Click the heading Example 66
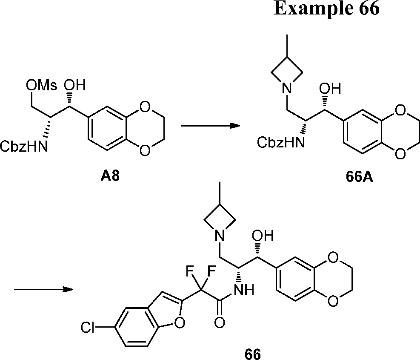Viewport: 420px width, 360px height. [x=326, y=9]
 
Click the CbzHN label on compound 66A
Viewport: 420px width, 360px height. [x=281, y=143]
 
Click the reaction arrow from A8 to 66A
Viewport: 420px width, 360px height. [x=209, y=126]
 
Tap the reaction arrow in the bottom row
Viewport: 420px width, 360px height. [x=43, y=290]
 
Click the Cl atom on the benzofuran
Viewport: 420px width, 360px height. [x=89, y=328]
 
